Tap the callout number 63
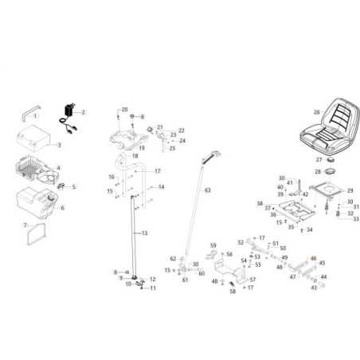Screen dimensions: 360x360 pyautogui.click(x=208, y=190)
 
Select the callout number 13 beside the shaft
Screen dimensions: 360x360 pyautogui.click(x=144, y=233)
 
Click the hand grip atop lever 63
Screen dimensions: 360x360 pyautogui.click(x=213, y=151)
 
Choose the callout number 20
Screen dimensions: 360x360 pyautogui.click(x=124, y=108)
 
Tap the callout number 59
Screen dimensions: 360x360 pyautogui.click(x=213, y=245)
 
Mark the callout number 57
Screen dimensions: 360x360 pyautogui.click(x=252, y=280)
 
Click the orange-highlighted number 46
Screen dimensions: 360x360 pyautogui.click(x=313, y=259)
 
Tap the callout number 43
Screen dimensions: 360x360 pyautogui.click(x=313, y=288)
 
